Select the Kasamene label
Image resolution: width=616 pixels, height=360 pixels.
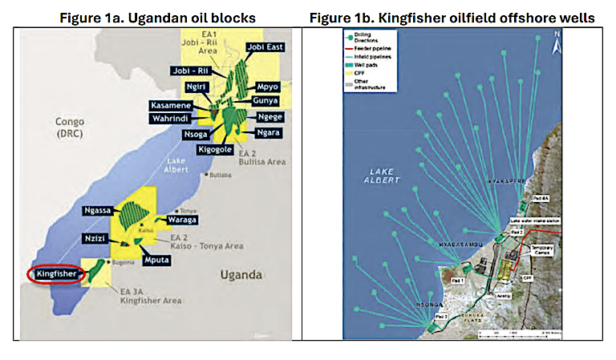tap(173, 106)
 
